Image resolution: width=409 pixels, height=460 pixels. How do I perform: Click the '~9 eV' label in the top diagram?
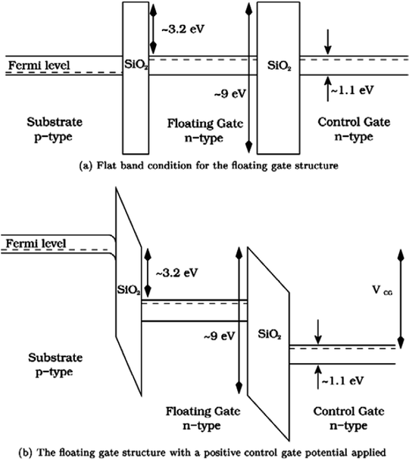tap(229, 95)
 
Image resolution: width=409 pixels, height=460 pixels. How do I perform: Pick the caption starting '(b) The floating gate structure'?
tap(204, 452)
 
